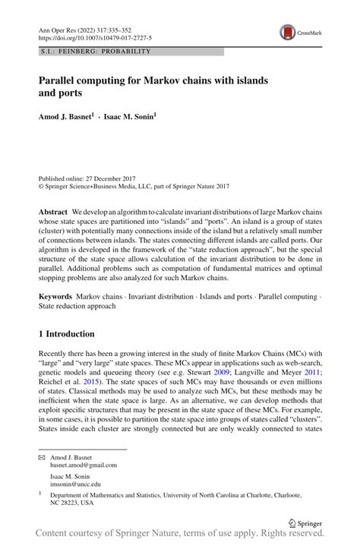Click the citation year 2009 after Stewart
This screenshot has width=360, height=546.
[x=242, y=372]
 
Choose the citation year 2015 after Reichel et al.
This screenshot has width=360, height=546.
[x=101, y=383]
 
